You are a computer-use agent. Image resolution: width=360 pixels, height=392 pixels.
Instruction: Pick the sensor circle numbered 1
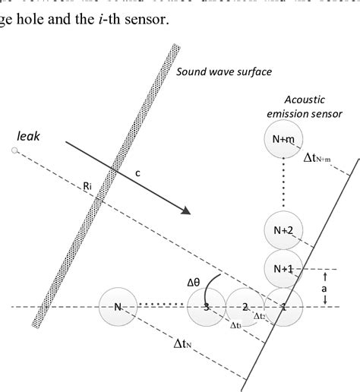click(x=283, y=307)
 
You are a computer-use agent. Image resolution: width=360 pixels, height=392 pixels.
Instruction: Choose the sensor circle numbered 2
click(x=245, y=307)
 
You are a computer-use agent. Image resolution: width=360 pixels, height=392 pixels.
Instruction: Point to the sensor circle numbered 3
click(x=207, y=307)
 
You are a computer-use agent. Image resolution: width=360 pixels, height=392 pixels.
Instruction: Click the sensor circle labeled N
click(x=118, y=307)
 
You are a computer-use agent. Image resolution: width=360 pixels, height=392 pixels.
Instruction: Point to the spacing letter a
click(x=326, y=288)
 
